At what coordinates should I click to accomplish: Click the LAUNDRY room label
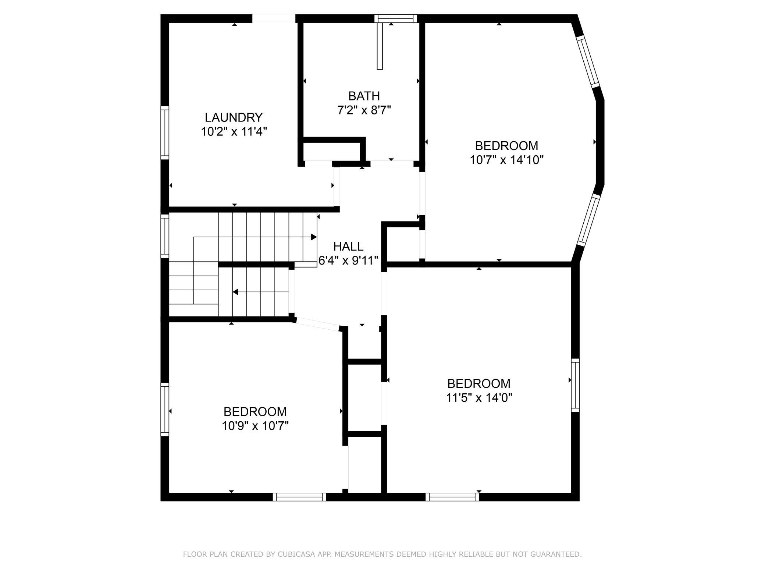234,117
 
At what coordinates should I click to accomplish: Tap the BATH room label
364,96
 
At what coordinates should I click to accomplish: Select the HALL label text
348,246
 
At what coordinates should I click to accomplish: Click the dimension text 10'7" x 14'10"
506,160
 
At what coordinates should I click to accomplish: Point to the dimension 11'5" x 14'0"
479,398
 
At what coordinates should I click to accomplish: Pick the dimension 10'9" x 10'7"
255,426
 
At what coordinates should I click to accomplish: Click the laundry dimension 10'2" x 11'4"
234,132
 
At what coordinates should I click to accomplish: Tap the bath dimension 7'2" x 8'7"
364,110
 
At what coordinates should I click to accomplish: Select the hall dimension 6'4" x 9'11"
348,261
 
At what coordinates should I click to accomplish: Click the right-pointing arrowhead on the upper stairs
314,237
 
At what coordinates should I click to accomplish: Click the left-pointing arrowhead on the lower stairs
235,292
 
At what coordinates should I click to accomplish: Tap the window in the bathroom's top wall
396,18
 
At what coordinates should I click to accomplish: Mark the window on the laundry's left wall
165,133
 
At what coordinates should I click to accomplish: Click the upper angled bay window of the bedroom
588,61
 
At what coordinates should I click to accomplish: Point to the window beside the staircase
165,236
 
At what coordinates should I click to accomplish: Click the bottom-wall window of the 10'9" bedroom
299,497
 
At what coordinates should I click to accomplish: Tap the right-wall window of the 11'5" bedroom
575,385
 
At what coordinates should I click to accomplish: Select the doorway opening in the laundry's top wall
274,18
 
